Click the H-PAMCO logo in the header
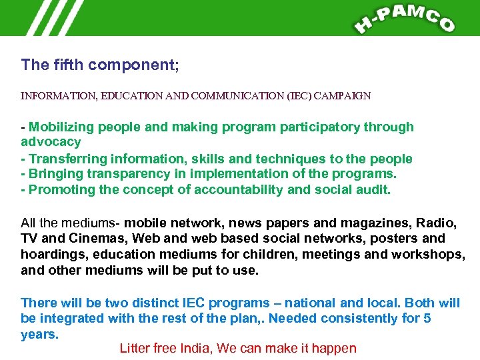click(x=405, y=18)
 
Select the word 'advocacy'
click(x=51, y=142)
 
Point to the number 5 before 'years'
click(x=427, y=318)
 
